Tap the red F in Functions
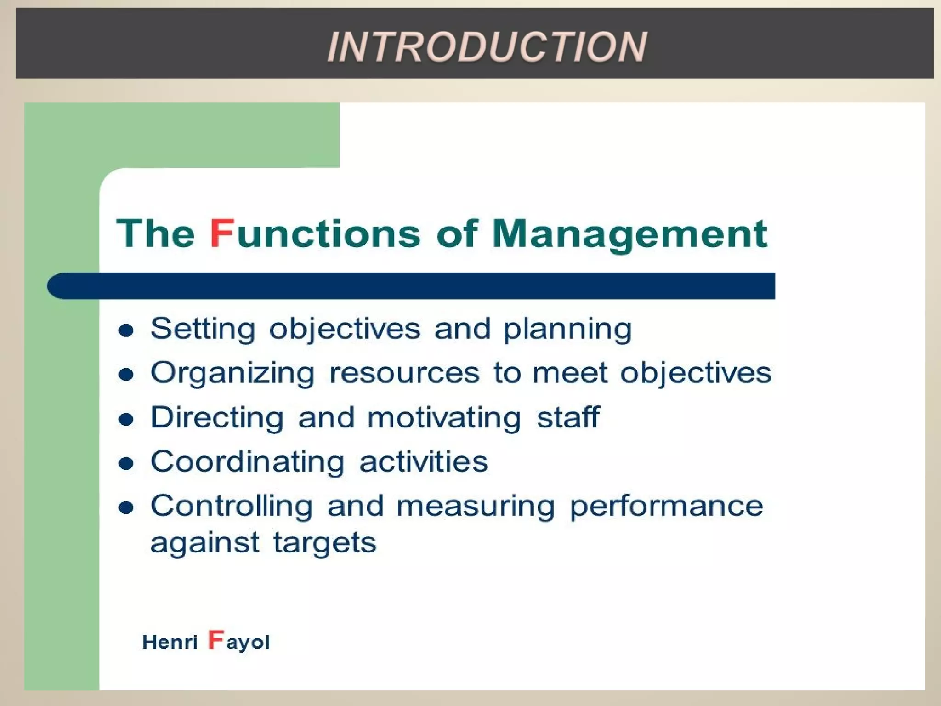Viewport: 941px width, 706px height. [222, 233]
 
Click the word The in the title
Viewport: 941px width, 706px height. [156, 233]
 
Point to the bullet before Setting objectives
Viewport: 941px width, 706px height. [126, 330]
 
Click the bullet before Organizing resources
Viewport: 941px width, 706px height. [126, 375]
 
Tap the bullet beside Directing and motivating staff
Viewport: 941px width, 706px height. [126, 419]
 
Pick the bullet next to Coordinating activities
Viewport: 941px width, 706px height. [126, 463]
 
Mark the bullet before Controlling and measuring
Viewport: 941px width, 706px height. [126, 507]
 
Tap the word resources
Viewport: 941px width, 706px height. [404, 373]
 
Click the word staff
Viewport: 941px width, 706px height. [568, 417]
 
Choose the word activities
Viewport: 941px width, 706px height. [424, 461]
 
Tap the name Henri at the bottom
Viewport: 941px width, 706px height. [170, 642]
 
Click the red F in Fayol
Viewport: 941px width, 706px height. [216, 639]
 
